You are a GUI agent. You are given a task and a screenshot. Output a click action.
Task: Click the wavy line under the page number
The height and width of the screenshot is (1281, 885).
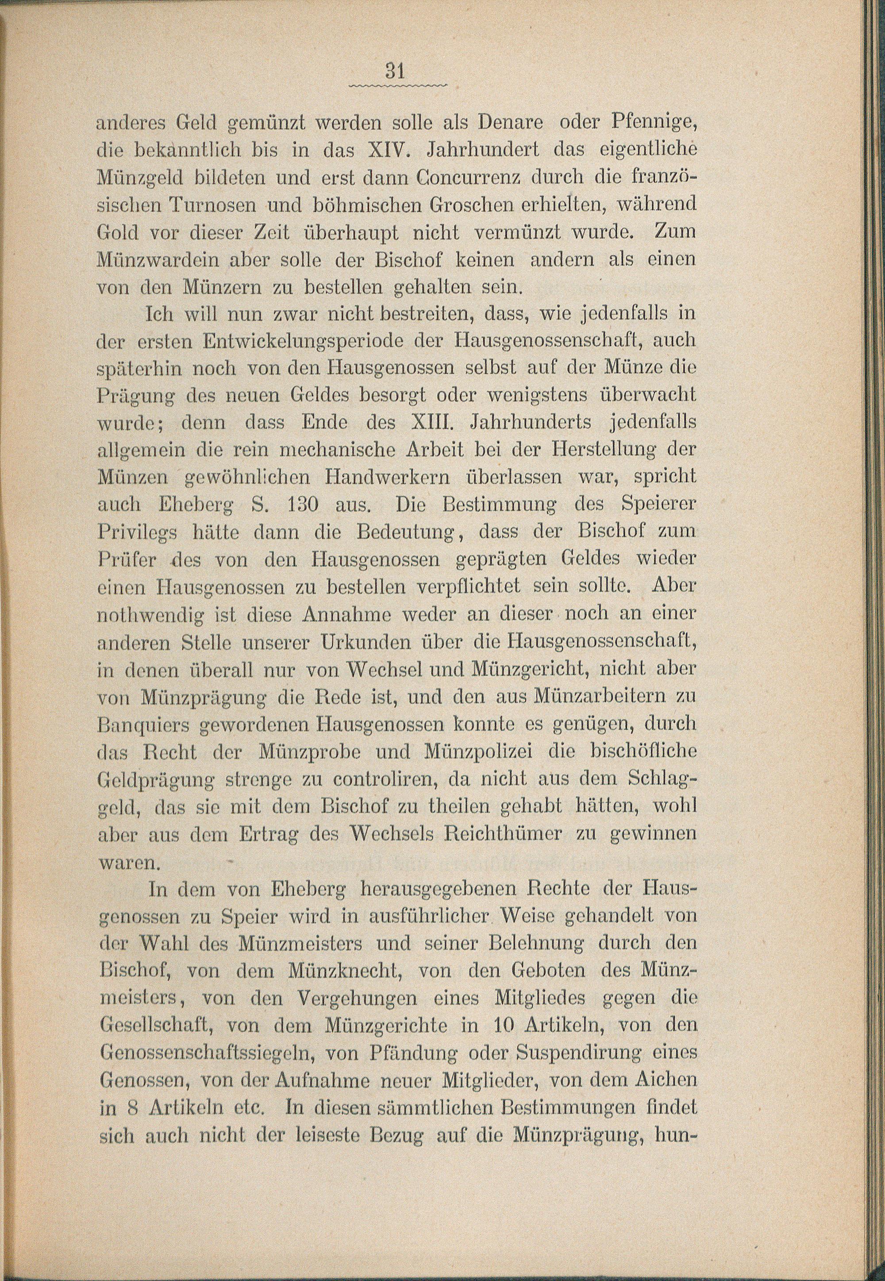pos(397,86)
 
